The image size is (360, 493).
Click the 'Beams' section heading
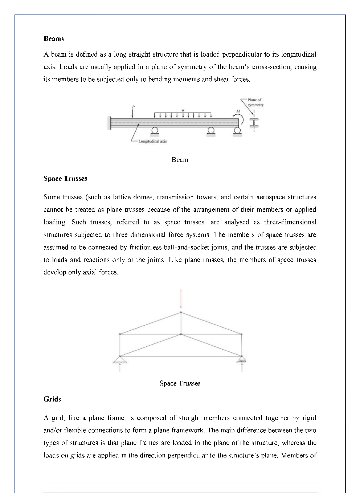pos(54,38)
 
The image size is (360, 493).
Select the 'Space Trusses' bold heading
pos(65,179)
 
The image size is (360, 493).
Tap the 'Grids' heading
pos(52,399)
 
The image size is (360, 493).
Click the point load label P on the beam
pos(133,107)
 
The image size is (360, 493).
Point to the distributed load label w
pos(183,110)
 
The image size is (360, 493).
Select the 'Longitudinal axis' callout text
pos(152,141)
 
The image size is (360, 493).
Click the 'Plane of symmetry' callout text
pos(255,102)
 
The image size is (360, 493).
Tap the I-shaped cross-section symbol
pos(254,123)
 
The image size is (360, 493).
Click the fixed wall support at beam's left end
pos(109,123)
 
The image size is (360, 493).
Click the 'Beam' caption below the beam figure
pos(180,160)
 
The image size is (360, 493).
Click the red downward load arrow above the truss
pos(181,299)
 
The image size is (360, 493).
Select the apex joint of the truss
pos(181,312)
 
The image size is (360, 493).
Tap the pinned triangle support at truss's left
pos(120,360)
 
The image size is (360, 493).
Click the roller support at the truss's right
pos(242,360)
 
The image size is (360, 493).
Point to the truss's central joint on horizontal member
pos(181,334)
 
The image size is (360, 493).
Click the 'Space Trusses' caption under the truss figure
pos(180,383)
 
